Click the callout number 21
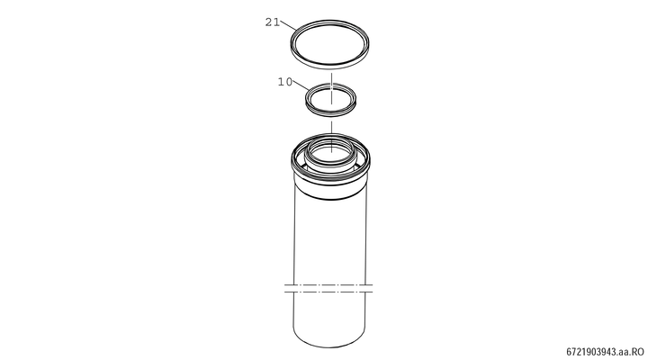click(272, 22)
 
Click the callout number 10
click(284, 82)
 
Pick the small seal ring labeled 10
click(306, 99)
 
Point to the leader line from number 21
click(288, 25)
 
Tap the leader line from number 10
click(301, 85)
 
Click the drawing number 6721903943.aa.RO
click(605, 352)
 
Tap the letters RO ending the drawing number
click(639, 352)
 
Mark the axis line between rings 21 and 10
click(331, 88)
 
